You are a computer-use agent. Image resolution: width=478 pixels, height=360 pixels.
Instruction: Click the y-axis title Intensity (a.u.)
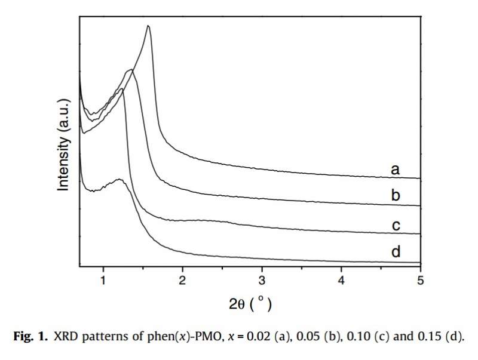coord(64,145)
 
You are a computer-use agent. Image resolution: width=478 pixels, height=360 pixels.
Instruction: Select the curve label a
coord(395,170)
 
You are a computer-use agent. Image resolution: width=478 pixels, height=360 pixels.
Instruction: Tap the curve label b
coord(395,196)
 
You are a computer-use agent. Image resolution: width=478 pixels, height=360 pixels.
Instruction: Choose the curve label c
coord(395,226)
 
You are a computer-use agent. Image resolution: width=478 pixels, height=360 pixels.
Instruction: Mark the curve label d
coord(395,253)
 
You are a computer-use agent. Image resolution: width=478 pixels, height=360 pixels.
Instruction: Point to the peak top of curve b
coord(130,70)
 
